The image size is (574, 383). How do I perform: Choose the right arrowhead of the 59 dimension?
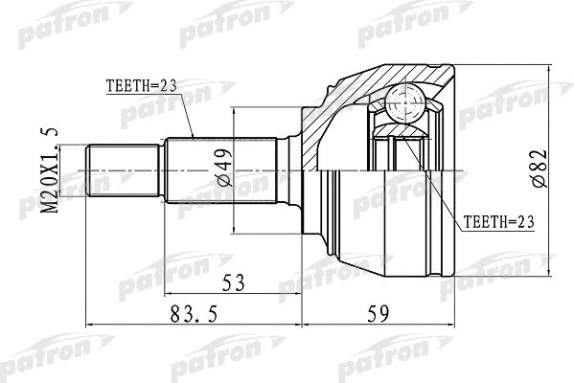(454, 321)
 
